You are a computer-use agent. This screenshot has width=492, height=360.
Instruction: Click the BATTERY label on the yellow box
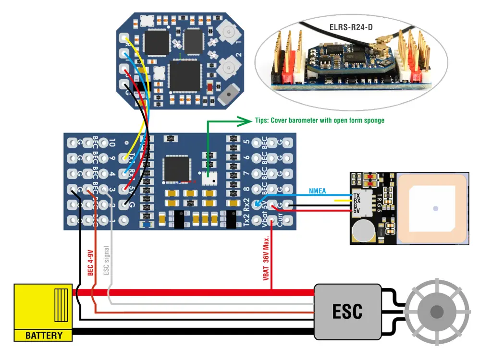coord(44,336)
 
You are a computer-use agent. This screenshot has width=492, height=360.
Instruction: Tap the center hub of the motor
coord(436,312)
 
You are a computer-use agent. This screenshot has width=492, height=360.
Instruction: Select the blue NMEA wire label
coord(317,191)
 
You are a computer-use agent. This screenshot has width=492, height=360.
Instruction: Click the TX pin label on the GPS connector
coord(356,196)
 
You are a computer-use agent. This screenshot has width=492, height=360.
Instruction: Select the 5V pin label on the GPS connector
coord(356,211)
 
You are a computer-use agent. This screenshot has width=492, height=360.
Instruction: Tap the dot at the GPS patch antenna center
coord(435,209)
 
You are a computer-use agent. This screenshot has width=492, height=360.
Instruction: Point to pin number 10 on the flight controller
coord(111,143)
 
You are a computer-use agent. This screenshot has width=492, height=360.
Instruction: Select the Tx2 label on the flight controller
coord(246,220)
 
